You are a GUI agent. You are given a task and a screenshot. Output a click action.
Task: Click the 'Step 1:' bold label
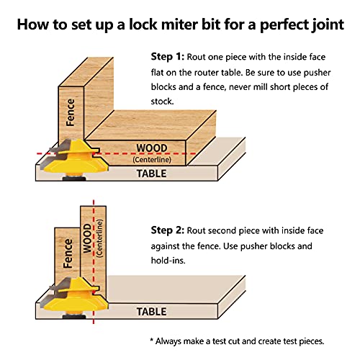pos(168,57)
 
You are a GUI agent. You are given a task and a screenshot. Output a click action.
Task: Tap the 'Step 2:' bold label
pos(168,230)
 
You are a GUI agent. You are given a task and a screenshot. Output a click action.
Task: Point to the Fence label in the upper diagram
pos(71,112)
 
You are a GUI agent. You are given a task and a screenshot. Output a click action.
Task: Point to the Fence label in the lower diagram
pos(68,253)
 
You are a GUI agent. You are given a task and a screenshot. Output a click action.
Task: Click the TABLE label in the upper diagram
pos(151,174)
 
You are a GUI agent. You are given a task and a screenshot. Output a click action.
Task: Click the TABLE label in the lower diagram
pos(151,312)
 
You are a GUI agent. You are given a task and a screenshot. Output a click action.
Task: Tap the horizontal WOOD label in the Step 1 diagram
pos(152,148)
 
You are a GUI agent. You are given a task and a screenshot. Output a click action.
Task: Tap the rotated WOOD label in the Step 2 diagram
pos(87,238)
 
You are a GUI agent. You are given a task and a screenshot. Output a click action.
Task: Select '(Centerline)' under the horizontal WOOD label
pos(152,160)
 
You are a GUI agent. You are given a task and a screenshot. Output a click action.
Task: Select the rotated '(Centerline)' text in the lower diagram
pos(99,238)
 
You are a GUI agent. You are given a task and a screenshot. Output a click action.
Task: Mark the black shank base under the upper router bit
pos(74,179)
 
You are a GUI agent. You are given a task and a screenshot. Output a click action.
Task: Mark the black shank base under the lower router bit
pos(74,317)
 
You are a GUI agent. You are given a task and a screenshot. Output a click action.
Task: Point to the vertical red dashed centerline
pos(94,261)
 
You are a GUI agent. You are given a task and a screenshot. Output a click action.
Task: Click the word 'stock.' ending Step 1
pos(162,102)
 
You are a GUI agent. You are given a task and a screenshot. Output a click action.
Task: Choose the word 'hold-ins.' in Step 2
pos(168,261)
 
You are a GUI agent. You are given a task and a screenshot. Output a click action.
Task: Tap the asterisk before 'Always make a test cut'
pos(151,340)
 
